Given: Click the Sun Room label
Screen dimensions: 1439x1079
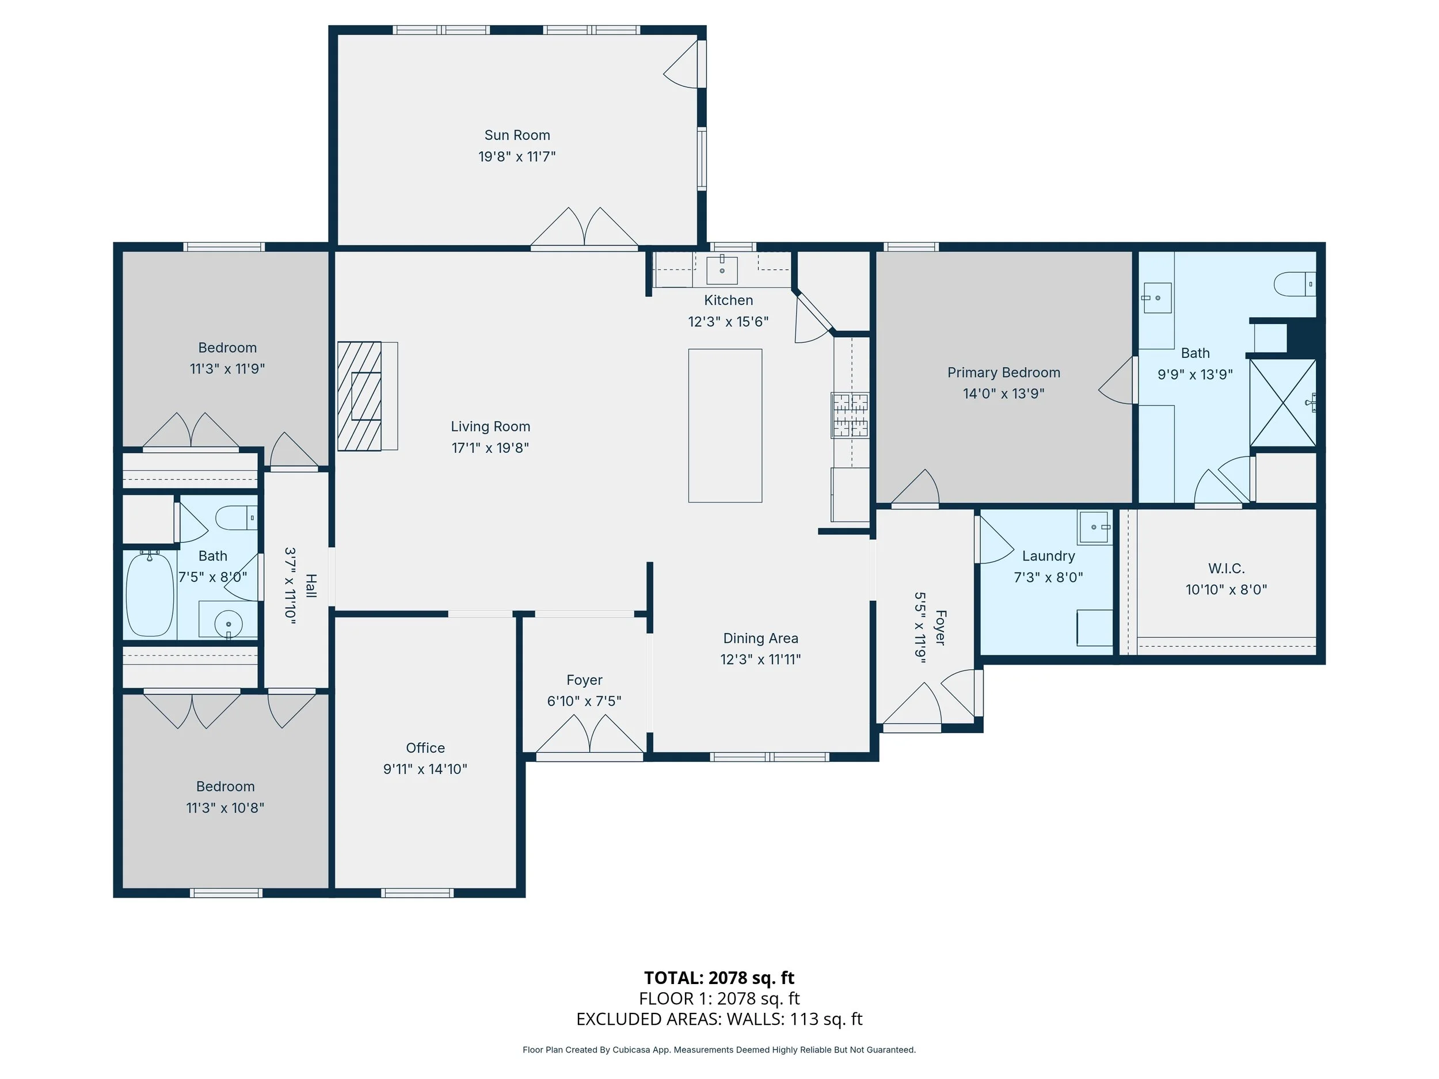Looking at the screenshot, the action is [517, 135].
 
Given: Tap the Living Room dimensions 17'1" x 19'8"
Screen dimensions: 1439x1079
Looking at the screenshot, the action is [490, 448].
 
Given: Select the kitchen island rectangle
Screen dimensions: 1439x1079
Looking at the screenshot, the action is [725, 425].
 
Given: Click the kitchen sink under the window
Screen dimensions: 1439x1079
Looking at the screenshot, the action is [722, 270].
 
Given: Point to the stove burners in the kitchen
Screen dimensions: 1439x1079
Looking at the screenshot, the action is [850, 414].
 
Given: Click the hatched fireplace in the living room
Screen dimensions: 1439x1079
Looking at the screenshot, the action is [359, 396].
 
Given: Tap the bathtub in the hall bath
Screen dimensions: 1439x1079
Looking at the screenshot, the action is [150, 594].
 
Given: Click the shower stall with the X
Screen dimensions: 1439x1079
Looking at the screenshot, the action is [1283, 403].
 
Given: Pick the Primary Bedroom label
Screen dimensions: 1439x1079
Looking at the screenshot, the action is [1004, 373].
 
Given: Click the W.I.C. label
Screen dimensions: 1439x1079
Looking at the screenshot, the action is [1226, 569].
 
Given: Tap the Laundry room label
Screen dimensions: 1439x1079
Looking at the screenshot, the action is [1049, 556].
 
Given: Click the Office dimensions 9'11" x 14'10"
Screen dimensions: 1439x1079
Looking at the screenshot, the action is [425, 769].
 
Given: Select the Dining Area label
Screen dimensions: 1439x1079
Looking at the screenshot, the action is [760, 638].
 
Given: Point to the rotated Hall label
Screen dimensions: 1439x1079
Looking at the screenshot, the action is [311, 586].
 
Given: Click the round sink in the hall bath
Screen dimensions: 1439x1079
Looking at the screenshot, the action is [229, 624].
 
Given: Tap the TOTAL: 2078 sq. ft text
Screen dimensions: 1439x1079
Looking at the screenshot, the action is [719, 978].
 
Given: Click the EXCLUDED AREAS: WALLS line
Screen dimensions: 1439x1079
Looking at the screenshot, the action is [719, 1019].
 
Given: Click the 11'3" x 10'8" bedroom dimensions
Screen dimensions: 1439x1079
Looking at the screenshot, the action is [225, 808].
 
